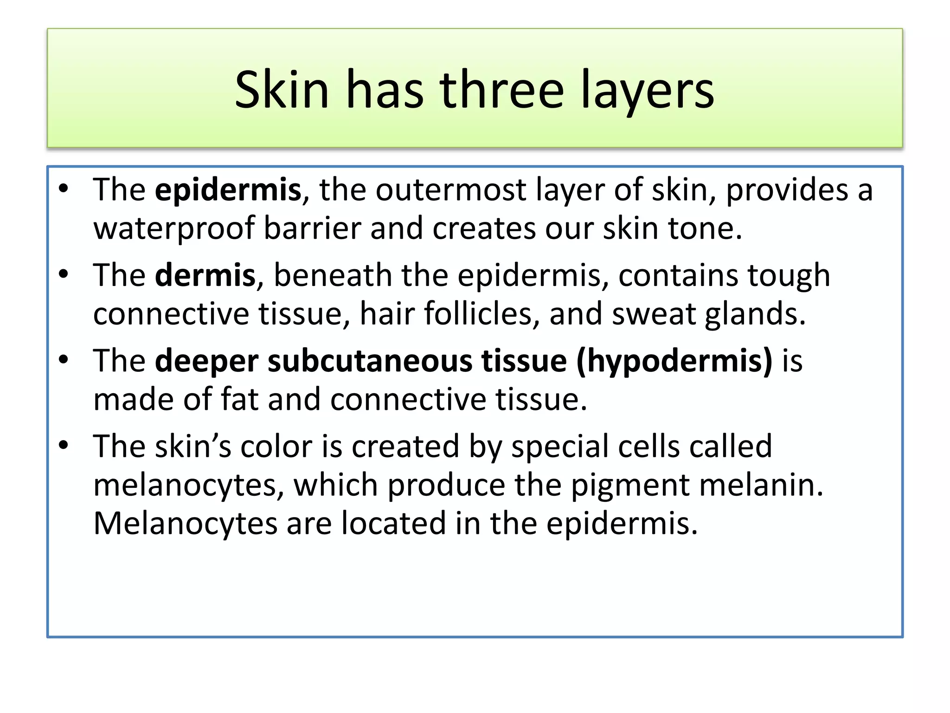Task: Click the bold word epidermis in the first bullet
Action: click(228, 190)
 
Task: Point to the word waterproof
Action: click(174, 229)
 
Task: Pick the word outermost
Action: click(450, 190)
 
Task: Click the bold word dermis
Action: click(205, 275)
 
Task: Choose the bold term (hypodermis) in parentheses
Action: click(674, 362)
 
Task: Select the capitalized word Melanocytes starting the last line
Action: click(185, 524)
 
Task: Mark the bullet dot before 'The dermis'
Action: click(64, 274)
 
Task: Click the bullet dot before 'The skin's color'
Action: click(64, 445)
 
